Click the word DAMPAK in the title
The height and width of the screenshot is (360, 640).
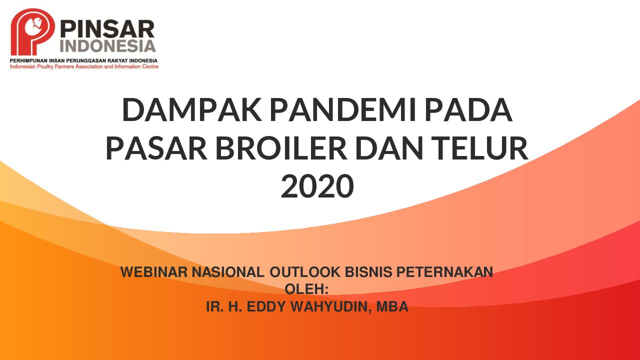coord(192,110)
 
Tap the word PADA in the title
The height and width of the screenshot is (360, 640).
coord(468,110)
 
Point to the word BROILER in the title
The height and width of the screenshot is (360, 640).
coord(281,148)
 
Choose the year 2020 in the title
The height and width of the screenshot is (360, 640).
coord(317,186)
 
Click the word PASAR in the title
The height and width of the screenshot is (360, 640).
coord(156,148)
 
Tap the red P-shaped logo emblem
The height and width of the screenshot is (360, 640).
coord(33,31)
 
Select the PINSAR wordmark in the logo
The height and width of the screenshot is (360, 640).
coord(107,29)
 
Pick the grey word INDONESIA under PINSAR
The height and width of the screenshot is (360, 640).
coord(108,46)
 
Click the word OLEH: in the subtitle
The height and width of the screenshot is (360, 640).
coord(306,289)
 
